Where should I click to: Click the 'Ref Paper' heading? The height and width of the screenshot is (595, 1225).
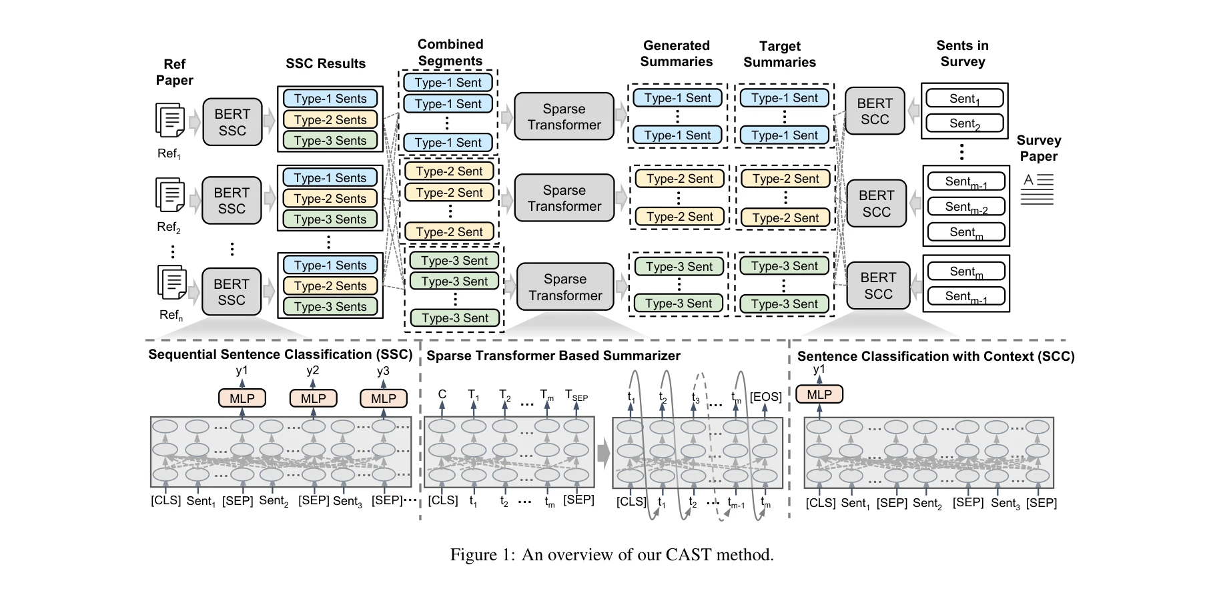[x=174, y=72]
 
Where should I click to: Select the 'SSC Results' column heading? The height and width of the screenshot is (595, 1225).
[x=326, y=63]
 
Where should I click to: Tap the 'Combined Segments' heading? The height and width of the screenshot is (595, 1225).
[x=450, y=53]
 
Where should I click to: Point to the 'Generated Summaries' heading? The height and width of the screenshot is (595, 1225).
[x=676, y=53]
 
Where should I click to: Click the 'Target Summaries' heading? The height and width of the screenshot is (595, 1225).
[x=779, y=54]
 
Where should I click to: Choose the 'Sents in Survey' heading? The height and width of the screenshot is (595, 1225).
[x=962, y=53]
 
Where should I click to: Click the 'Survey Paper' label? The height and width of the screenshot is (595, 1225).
[x=1038, y=148]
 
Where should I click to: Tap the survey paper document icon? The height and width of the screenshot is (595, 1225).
[x=1038, y=189]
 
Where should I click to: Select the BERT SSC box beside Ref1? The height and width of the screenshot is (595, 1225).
[x=232, y=122]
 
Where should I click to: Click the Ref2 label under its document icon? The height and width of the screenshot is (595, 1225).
[x=169, y=227]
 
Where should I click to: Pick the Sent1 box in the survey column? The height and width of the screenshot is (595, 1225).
[x=964, y=99]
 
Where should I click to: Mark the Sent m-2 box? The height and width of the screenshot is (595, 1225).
[x=965, y=207]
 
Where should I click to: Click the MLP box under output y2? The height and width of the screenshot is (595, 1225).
[x=313, y=398]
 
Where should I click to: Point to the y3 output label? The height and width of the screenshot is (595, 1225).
[x=383, y=371]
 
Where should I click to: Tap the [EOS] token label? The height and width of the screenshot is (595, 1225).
[x=765, y=397]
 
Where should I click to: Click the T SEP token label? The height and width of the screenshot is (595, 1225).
[x=576, y=396]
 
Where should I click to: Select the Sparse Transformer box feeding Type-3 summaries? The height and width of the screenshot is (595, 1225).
[x=564, y=287]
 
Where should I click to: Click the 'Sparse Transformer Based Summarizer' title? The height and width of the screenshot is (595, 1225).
[x=553, y=356]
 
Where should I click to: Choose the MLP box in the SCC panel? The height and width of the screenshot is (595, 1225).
[x=819, y=394]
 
